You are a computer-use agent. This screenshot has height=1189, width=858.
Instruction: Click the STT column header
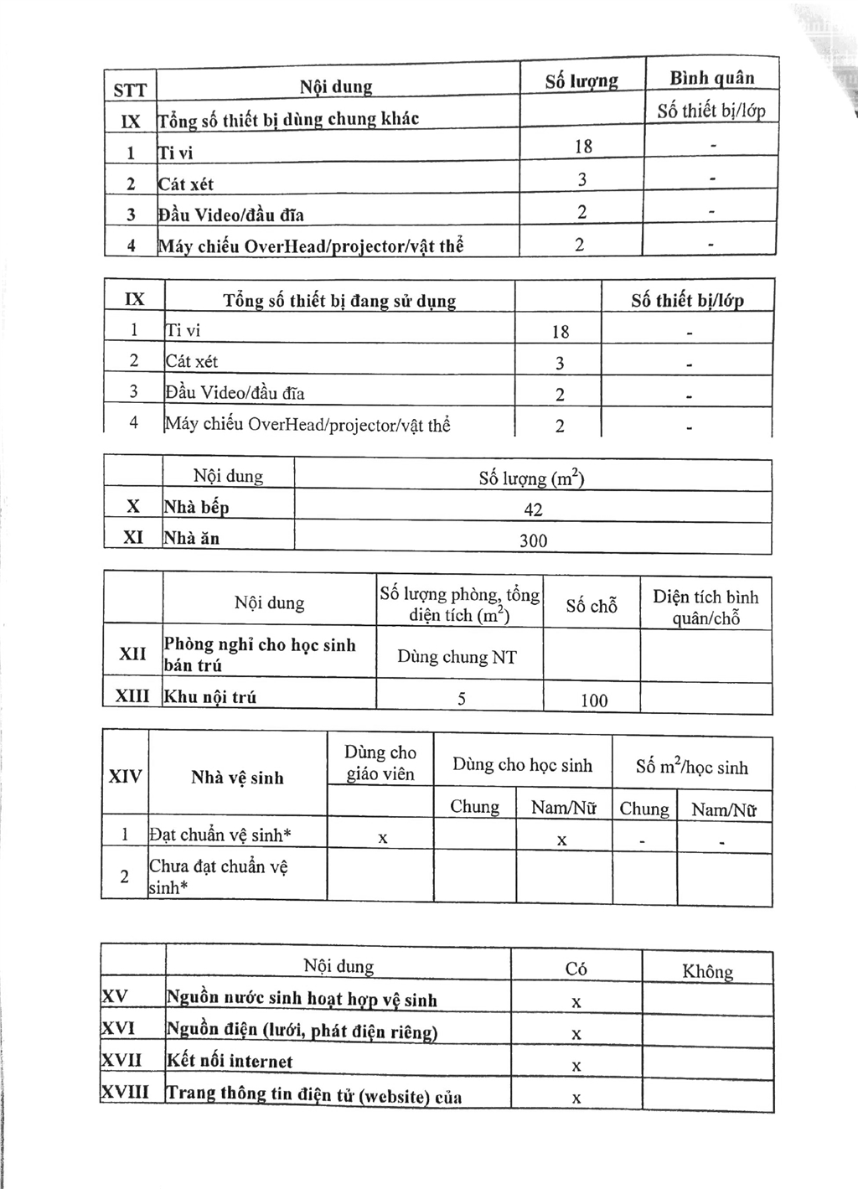[x=130, y=90]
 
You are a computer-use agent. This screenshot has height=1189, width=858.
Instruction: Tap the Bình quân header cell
[x=711, y=78]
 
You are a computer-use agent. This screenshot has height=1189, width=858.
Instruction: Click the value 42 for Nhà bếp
[x=533, y=509]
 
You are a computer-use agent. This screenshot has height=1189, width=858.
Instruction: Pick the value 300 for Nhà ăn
[x=533, y=540]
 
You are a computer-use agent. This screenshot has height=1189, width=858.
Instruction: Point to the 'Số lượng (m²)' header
[x=532, y=478]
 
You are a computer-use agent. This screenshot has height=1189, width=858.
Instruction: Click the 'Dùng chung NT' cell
[x=457, y=657]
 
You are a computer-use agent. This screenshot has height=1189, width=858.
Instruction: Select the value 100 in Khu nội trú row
[x=593, y=700]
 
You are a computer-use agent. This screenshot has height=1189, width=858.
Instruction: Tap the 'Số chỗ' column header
[x=592, y=606]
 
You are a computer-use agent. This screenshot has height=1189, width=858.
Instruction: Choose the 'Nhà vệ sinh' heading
[x=237, y=778]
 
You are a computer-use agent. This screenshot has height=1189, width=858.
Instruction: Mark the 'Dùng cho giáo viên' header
[x=380, y=763]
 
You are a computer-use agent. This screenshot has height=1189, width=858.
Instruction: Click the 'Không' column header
[x=707, y=971]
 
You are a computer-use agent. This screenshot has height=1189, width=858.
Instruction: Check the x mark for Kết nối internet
[x=576, y=1066]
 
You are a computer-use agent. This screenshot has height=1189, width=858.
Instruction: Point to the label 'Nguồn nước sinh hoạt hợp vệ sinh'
[x=302, y=999]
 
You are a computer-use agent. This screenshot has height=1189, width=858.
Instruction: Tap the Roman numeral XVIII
[x=125, y=1093]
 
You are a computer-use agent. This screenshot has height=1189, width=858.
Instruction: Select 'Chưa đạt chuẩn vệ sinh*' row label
[x=219, y=876]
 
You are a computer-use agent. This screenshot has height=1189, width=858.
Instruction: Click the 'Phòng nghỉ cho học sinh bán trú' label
[x=260, y=654]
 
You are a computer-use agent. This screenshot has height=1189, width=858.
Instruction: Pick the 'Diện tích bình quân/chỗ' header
[x=706, y=607]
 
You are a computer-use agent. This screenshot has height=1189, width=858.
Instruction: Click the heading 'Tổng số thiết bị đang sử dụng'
[x=339, y=301]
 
